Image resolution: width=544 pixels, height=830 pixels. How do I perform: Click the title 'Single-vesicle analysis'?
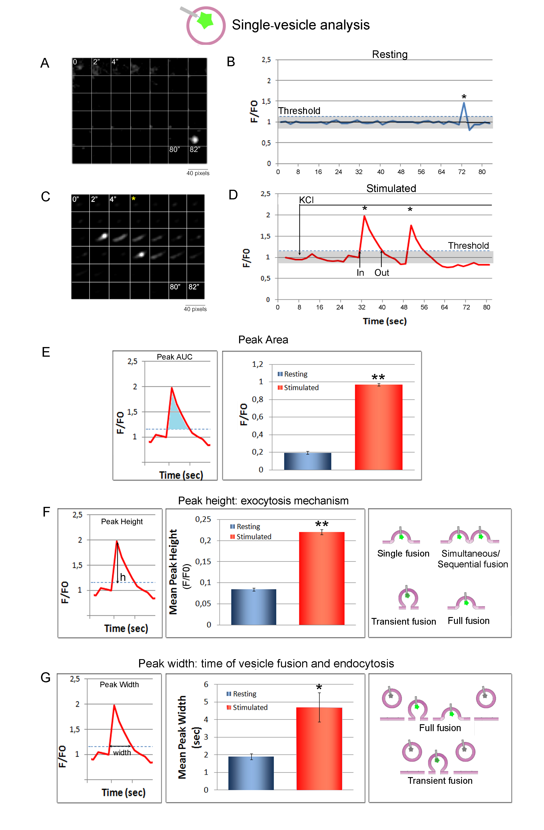300,25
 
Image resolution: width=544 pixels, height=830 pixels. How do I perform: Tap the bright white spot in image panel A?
194,140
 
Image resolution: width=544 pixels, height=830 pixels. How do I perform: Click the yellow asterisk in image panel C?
133,199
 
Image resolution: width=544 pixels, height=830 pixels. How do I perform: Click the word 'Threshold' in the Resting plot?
299,111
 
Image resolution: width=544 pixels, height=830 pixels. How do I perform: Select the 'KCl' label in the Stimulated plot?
306,200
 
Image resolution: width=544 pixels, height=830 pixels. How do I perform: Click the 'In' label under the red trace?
360,273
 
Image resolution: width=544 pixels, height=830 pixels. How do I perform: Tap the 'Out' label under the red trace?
382,273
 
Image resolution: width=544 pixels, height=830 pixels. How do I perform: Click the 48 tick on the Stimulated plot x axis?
404,307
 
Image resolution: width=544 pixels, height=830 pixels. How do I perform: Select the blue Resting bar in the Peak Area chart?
307,461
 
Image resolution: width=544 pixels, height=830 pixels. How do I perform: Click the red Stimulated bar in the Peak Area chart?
378,427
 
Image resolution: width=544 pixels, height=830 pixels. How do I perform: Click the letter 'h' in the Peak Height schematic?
123,577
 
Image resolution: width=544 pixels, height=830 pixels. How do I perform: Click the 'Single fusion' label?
403,554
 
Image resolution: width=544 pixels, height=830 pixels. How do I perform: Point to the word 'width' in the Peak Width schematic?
122,752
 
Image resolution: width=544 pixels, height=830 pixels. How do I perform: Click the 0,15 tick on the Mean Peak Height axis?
203,561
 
